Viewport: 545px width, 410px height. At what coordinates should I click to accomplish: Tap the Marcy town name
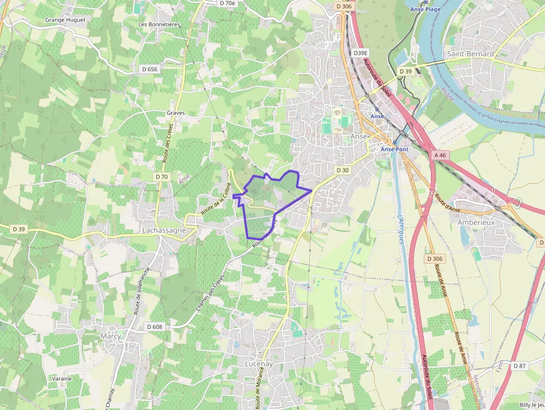(110, 336)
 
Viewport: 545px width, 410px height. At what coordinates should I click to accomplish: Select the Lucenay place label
(259, 363)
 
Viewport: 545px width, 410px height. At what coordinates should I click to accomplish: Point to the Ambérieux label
(475, 221)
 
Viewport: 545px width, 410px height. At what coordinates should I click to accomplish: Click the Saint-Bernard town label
(470, 54)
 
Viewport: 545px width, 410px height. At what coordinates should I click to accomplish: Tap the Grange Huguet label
(65, 19)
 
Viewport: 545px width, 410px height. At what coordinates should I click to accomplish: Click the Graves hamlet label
(176, 112)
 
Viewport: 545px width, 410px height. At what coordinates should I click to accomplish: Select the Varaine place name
(62, 378)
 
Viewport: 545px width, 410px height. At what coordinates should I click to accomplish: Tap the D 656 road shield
(150, 69)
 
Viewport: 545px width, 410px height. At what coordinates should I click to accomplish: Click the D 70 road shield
(161, 176)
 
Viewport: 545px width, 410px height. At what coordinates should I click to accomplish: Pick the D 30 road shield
(343, 170)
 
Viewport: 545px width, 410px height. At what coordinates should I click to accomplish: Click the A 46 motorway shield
(440, 155)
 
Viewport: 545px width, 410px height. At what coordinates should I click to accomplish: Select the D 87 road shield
(520, 365)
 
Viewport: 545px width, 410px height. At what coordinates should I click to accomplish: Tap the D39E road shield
(361, 53)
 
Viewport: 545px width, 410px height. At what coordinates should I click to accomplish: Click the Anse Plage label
(425, 9)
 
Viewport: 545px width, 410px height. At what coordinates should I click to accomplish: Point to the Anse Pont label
(395, 150)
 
